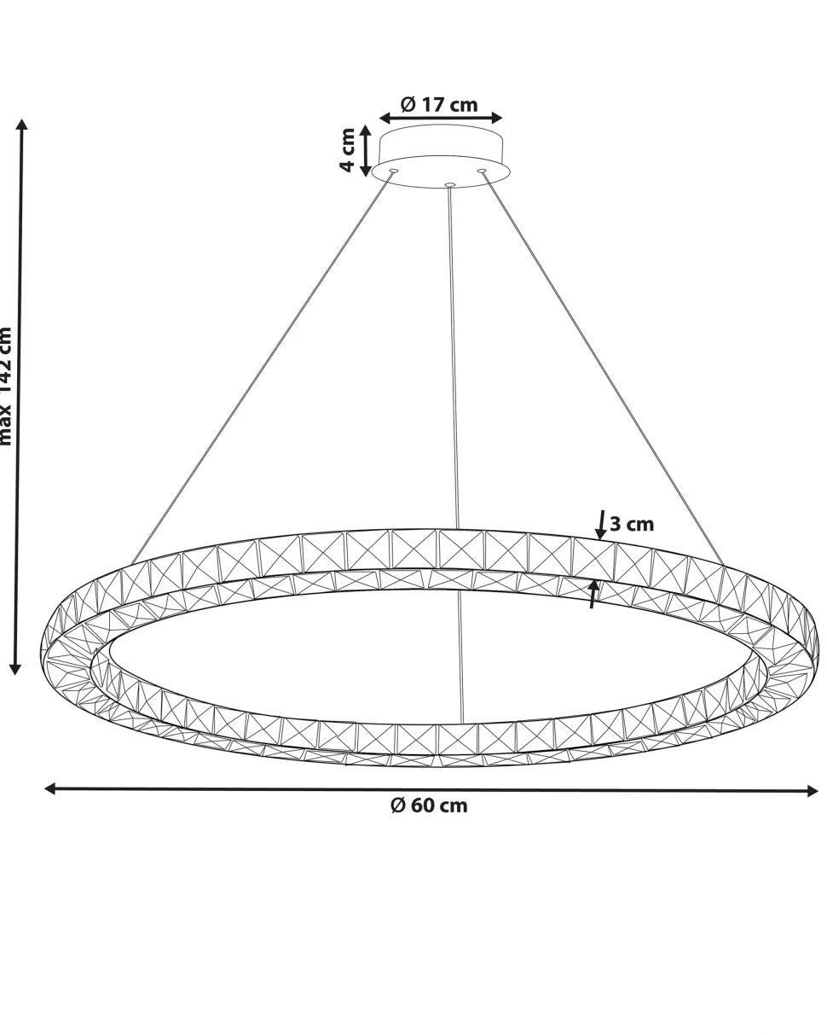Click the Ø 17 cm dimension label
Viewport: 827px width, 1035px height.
pos(440,104)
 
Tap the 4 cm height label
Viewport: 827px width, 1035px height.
pos(348,150)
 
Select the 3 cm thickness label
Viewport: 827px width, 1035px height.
pos(632,524)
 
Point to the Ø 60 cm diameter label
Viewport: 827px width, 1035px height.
pos(429,805)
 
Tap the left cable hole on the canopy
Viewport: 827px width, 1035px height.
pos(394,172)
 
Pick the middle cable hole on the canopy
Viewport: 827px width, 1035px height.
pos(450,184)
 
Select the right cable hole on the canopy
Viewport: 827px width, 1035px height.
pos(482,172)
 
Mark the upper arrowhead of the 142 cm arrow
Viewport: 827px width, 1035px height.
pos(22,125)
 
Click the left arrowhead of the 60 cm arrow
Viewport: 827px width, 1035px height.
pos(50,788)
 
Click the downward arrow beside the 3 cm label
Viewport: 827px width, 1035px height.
pos(601,526)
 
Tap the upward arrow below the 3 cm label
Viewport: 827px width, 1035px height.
pos(594,594)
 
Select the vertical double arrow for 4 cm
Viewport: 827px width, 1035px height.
pos(366,150)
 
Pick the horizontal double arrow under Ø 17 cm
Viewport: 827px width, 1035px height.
pos(441,118)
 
